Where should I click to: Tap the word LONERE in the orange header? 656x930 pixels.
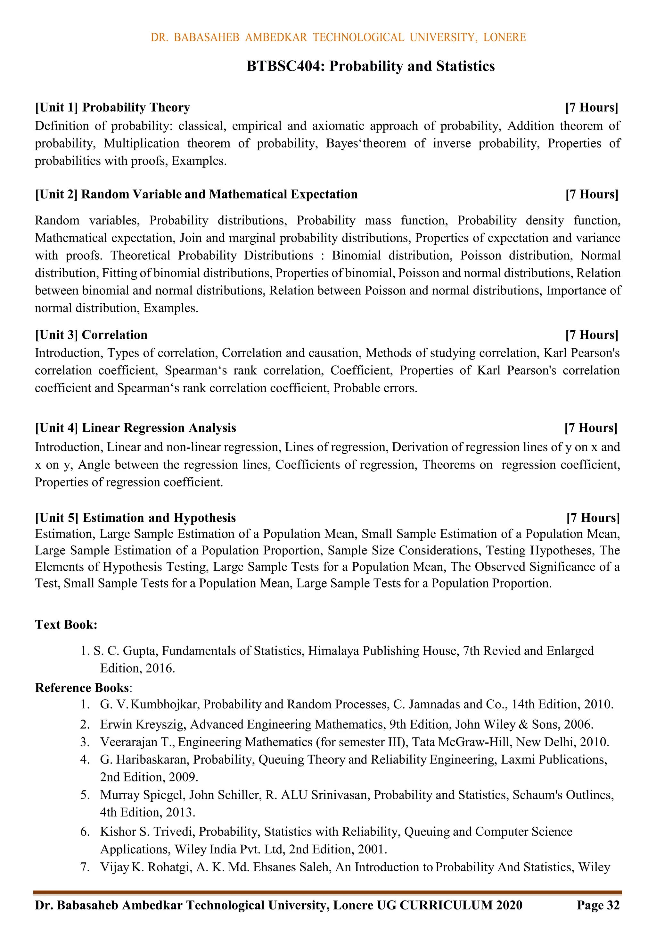coord(504,37)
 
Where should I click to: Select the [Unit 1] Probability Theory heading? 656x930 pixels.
coord(112,107)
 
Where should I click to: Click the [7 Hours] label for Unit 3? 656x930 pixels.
coord(592,335)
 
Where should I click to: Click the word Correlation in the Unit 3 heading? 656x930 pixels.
coord(115,335)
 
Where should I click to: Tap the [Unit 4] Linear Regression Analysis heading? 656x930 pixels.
coord(135,428)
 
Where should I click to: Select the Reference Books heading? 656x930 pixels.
coord(82,688)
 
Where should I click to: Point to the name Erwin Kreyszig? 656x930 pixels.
coord(143,724)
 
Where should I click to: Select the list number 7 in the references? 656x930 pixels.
coord(85,867)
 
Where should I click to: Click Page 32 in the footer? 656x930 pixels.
coord(598,905)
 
